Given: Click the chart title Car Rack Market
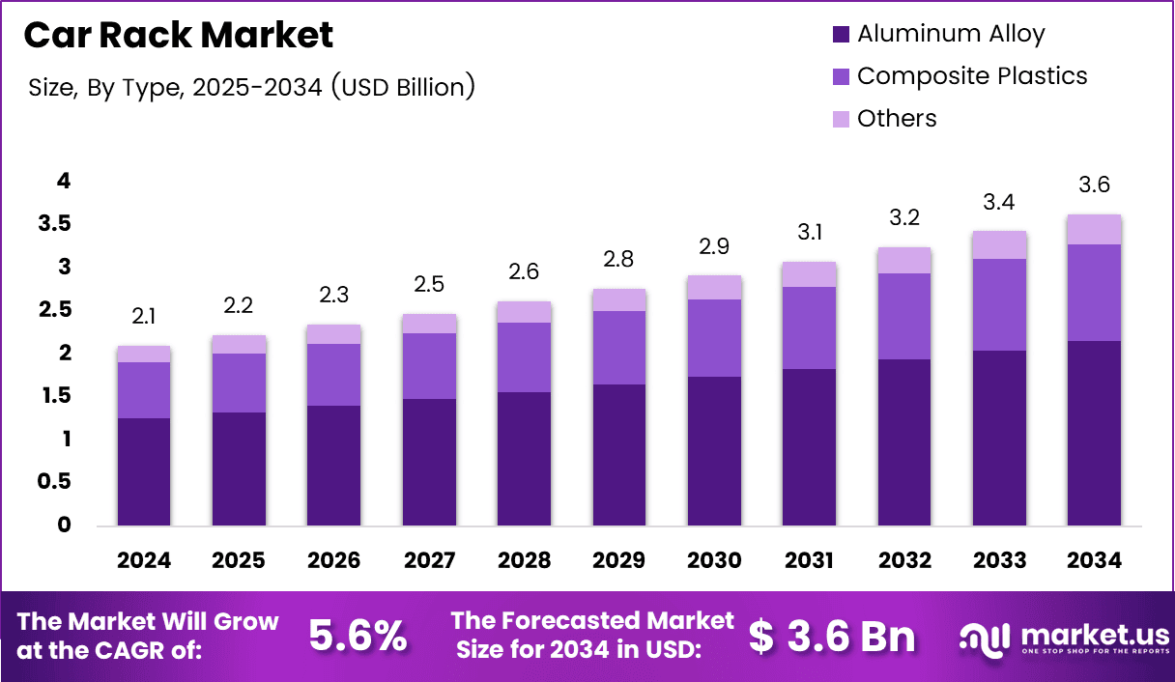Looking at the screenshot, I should point(179,36).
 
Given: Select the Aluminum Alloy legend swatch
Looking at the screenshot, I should point(841,34).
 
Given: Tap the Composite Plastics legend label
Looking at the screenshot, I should point(972,76).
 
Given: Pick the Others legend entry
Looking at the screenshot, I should point(897,119).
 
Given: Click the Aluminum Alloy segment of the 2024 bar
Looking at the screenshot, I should point(144,471).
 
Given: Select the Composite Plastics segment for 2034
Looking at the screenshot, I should point(1095,292).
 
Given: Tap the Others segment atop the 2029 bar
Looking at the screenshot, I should point(619,299).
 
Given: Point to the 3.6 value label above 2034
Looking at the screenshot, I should point(1095,185).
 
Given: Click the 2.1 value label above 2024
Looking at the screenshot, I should point(144,317).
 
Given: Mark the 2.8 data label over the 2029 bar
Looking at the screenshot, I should point(619,259).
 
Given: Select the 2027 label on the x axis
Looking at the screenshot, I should point(429,561).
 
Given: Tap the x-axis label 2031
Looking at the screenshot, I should point(810,561).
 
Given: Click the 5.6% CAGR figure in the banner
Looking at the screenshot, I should point(358,637).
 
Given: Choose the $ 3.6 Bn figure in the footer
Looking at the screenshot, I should point(832,637).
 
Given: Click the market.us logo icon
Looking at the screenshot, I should point(985,638).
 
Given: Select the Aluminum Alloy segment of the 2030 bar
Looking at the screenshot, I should point(714,451).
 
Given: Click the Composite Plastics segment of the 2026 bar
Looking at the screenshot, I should point(334,375).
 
